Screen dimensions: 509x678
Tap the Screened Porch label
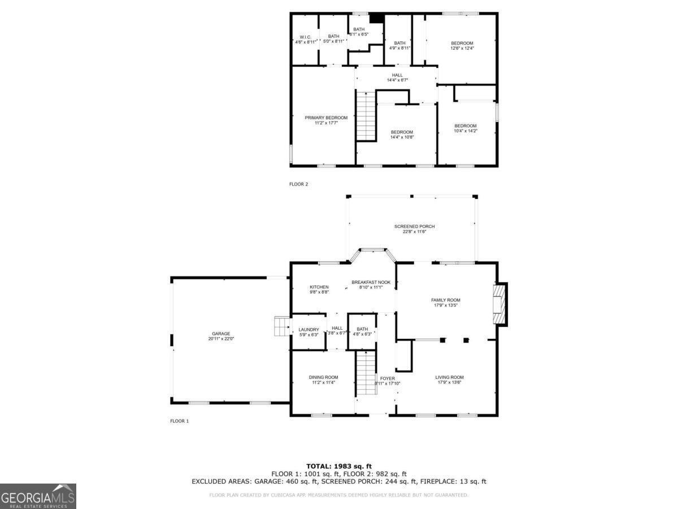(414, 226)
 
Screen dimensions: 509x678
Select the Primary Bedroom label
(326, 118)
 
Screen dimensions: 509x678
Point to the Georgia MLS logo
(38, 496)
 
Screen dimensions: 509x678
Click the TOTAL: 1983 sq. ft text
(339, 466)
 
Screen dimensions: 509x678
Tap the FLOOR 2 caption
(298, 184)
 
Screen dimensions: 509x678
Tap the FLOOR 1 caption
(179, 421)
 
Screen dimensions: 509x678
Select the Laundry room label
(308, 330)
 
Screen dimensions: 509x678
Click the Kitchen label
(319, 287)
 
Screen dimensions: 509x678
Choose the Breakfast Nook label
(371, 282)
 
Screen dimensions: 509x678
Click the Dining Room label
(323, 377)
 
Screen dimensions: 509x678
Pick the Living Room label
(449, 377)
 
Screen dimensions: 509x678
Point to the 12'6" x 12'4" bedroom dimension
(462, 48)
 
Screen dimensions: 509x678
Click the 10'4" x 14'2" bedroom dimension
(466, 131)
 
